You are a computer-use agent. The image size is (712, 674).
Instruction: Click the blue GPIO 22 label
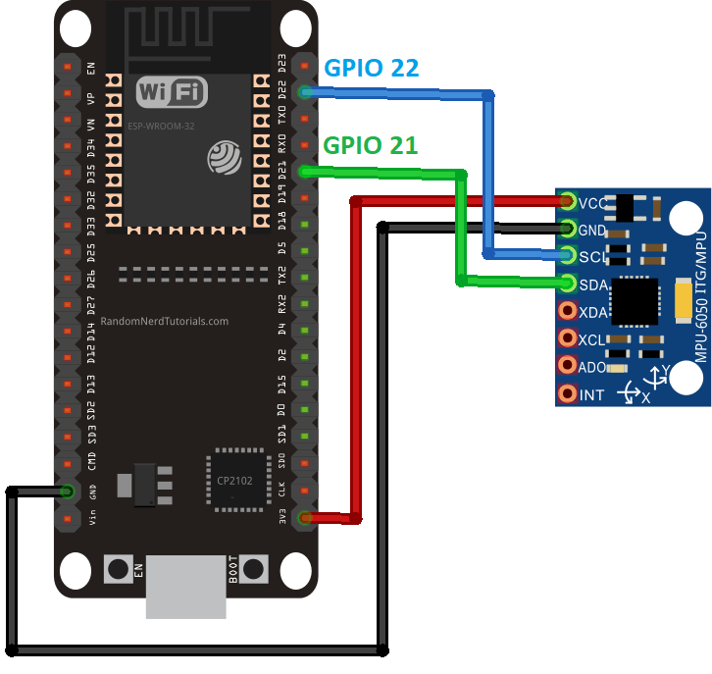tap(372, 68)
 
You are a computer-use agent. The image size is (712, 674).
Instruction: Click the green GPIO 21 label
tap(371, 145)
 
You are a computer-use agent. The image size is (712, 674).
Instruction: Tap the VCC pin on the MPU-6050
tap(567, 202)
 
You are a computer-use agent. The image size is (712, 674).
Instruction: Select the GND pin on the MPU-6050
tap(567, 229)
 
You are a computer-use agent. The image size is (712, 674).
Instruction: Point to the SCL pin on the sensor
tap(567, 256)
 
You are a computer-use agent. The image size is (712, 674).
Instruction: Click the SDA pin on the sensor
tap(567, 284)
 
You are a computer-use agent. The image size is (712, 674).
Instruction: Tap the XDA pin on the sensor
tap(567, 311)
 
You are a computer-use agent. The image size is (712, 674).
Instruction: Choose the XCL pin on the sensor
tap(567, 338)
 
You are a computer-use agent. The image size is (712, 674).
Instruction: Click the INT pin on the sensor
tap(567, 394)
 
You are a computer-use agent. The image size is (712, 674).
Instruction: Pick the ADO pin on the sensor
tap(567, 366)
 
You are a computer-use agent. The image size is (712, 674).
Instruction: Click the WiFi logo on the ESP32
tap(173, 92)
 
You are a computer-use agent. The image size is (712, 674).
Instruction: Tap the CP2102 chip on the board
tap(236, 481)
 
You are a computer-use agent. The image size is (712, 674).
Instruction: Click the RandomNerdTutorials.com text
tap(165, 321)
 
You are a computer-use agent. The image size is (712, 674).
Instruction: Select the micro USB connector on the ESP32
tap(185, 587)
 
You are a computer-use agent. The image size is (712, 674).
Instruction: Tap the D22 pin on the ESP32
tap(306, 92)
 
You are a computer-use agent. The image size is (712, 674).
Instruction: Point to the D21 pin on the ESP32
tap(306, 172)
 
